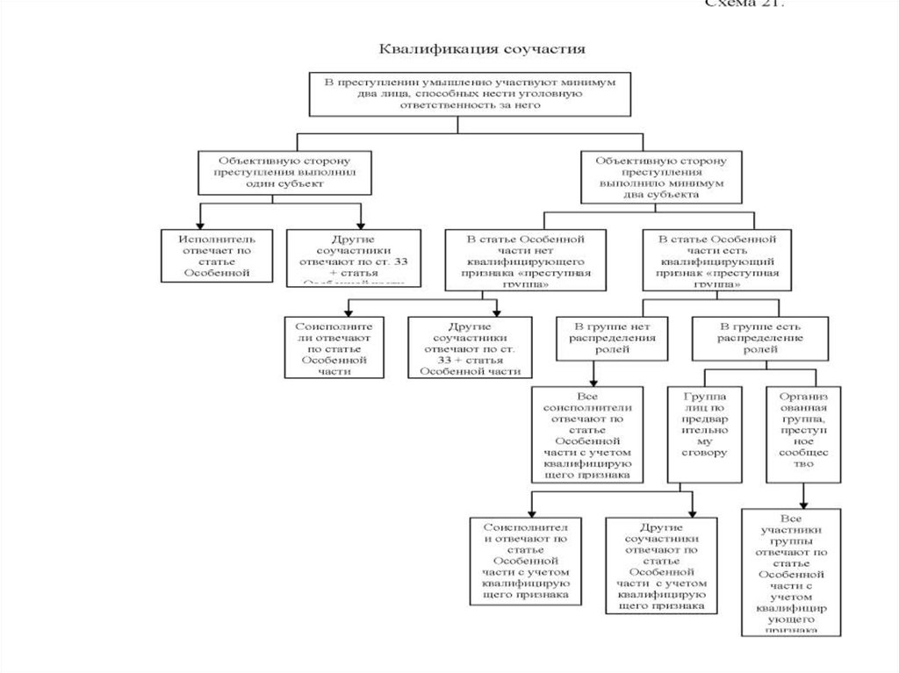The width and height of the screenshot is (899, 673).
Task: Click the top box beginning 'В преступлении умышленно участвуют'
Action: (470, 93)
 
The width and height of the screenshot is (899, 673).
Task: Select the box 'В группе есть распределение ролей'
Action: (749, 337)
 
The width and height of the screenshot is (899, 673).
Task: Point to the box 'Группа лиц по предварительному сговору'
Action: (705, 433)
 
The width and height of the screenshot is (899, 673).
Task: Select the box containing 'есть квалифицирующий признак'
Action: (717, 261)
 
